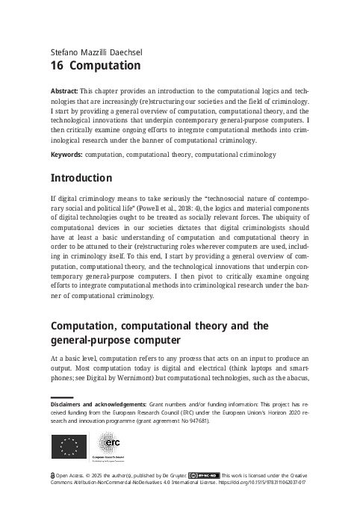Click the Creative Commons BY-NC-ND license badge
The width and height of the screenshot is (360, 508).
(203, 474)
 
